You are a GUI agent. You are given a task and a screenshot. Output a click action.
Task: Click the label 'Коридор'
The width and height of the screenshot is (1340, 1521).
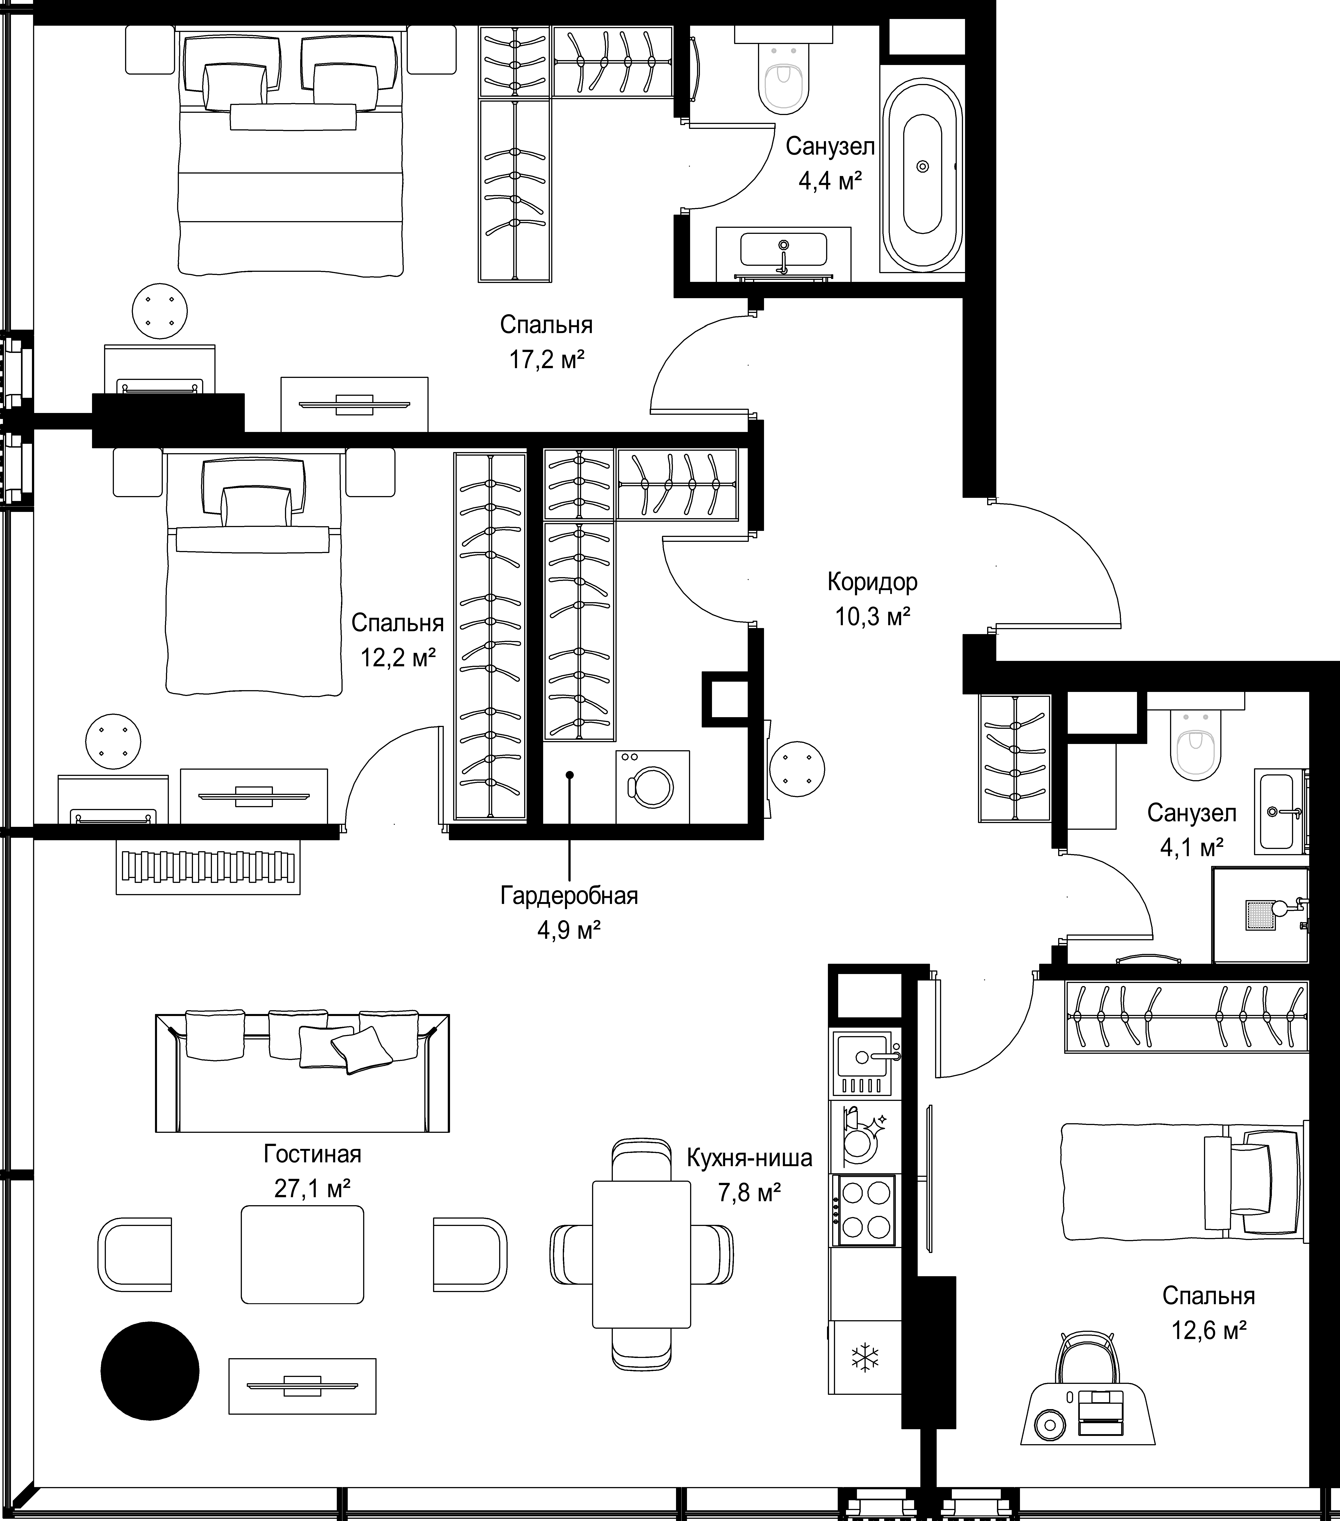872,581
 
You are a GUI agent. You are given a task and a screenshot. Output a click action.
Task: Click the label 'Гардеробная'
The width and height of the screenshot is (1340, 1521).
569,895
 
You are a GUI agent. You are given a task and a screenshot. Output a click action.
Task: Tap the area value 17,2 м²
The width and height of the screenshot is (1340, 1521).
546,360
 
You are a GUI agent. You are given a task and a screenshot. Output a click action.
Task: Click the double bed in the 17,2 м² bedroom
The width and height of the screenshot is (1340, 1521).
290,153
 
